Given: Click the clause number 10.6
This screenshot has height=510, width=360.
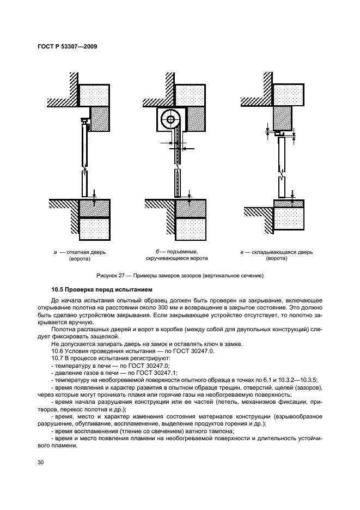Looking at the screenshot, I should click(58, 351).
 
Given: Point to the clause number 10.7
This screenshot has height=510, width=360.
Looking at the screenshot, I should click(58, 359).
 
